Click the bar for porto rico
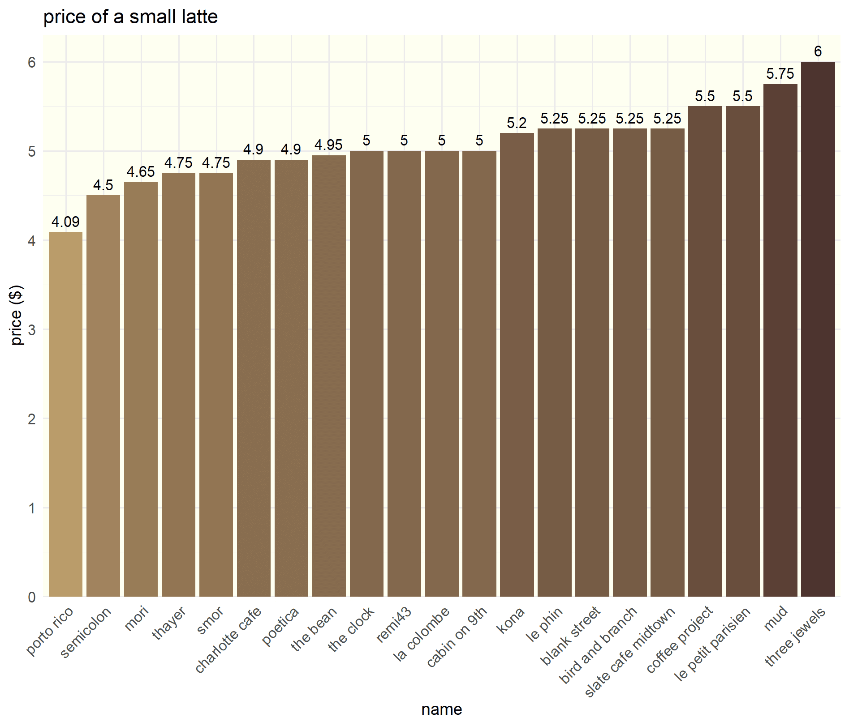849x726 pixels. pos(65,414)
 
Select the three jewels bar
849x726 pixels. pos(818,329)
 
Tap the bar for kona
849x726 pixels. pos(517,365)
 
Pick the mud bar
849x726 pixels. pos(780,340)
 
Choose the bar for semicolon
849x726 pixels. pos(103,396)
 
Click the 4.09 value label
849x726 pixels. pos(65,222)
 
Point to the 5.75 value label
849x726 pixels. pos(780,74)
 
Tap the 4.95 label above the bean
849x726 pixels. pos(328,145)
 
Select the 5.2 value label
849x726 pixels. pos(517,123)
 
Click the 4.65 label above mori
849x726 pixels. pos(141,172)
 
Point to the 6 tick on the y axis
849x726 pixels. pos(31,62)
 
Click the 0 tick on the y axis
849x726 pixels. pos(31,597)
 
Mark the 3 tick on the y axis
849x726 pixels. pos(31,330)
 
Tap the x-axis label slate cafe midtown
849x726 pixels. pos(630,652)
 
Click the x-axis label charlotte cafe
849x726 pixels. pos(228,640)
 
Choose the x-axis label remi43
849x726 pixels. pos(394,624)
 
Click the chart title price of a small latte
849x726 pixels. pos(130,17)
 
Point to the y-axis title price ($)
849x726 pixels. pos(17,315)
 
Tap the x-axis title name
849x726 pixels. pos(441,709)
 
